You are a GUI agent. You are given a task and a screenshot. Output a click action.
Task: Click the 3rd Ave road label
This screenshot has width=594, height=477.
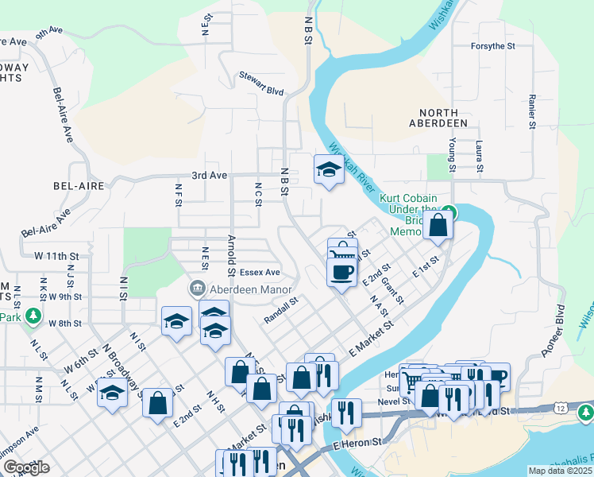(x=209, y=175)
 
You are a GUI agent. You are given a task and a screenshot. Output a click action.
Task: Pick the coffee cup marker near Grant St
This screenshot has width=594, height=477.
(x=341, y=272)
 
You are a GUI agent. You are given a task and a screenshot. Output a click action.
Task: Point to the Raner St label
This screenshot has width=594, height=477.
(x=531, y=111)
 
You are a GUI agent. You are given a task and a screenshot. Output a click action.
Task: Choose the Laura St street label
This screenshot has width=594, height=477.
(x=479, y=156)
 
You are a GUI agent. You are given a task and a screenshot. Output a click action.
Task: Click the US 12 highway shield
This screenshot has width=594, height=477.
(x=561, y=408)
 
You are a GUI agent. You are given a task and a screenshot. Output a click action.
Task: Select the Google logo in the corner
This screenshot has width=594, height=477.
(x=26, y=467)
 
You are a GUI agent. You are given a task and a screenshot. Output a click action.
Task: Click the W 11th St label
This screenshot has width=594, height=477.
(x=57, y=256)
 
